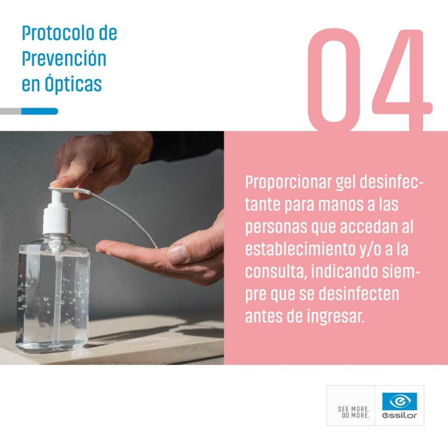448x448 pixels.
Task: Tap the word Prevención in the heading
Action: [x=64, y=59]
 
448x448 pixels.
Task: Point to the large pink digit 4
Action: [x=403, y=80]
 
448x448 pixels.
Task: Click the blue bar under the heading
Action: [x=40, y=111]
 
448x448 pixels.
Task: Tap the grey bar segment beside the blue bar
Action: [x=10, y=111]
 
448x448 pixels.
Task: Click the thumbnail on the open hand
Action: [x=178, y=254]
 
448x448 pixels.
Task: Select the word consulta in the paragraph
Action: [x=276, y=272]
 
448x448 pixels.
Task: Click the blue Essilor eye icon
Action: [x=399, y=401]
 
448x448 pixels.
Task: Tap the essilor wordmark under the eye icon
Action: [x=399, y=416]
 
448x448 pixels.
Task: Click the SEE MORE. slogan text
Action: [x=353, y=409]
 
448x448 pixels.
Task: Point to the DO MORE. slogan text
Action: [x=356, y=416]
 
